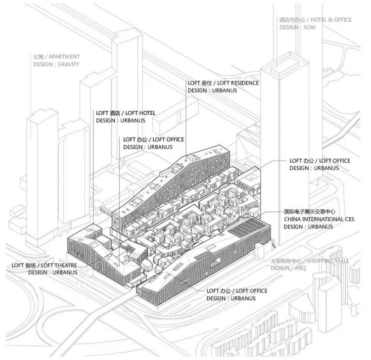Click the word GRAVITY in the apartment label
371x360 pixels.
tap(68, 64)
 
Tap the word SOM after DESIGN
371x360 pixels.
tap(310, 27)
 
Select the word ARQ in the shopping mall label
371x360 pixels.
tap(300, 268)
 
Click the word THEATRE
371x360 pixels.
tap(65, 266)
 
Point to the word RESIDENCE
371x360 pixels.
tap(245, 83)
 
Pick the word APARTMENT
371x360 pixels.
tap(64, 57)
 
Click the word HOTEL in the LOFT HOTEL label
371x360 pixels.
tap(147, 113)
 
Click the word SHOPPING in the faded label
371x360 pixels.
tap(321, 261)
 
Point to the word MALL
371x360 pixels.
tap(342, 261)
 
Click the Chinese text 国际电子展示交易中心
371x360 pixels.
tap(310, 212)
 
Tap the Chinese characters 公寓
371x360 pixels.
tap(38, 57)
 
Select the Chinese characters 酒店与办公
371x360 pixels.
tap(292, 20)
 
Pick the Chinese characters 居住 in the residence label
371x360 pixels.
tap(207, 83)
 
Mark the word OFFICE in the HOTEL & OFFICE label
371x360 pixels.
tap(342, 20)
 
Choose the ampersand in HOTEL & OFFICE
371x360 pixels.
tap(330, 20)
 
